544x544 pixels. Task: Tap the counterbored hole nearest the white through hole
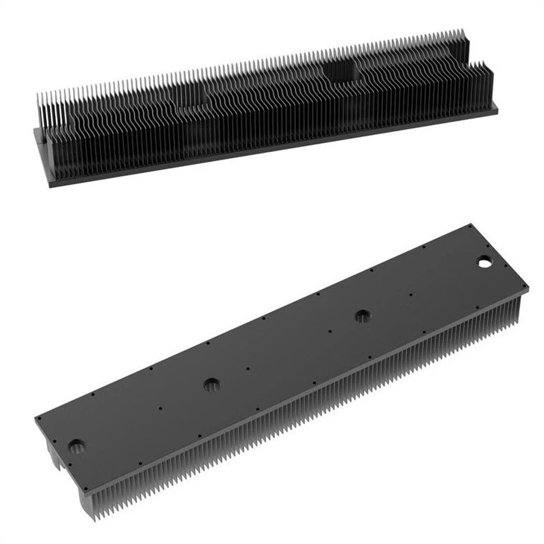(x=363, y=316)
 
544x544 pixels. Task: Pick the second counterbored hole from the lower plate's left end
(x=212, y=385)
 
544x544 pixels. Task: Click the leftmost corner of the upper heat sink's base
(x=35, y=130)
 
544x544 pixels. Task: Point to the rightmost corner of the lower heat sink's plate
(x=528, y=288)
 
